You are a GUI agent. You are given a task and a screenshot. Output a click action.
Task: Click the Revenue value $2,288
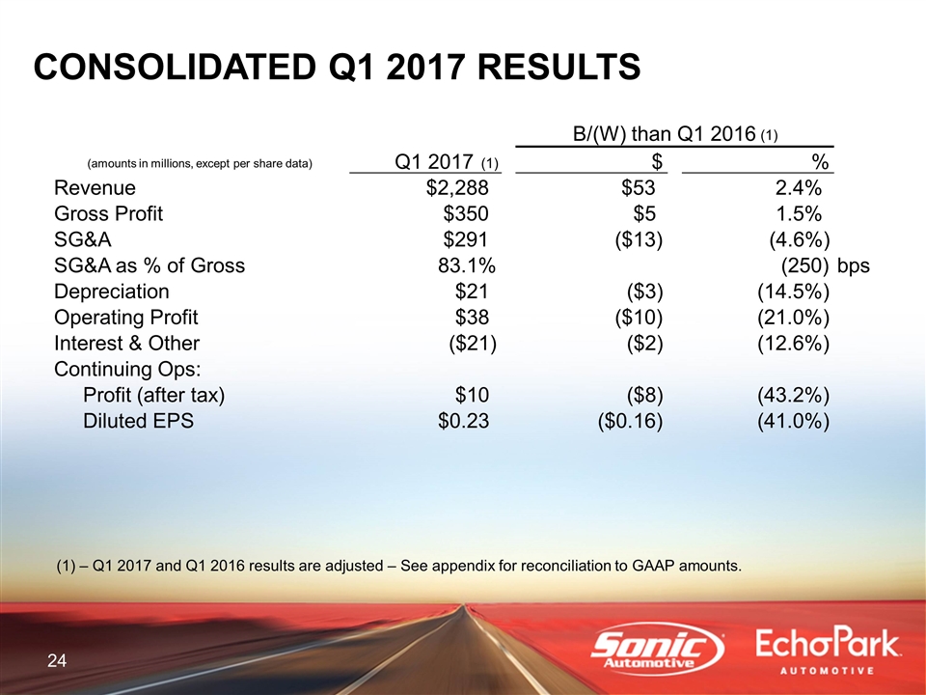(457, 188)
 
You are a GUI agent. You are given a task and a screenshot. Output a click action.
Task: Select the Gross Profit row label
(108, 213)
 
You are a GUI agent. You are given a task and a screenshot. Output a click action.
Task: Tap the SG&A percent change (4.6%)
(799, 239)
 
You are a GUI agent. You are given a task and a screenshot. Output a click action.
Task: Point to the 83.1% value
(467, 265)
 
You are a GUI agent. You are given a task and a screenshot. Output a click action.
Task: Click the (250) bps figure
(825, 266)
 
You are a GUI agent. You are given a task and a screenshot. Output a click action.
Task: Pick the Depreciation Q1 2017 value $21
(472, 292)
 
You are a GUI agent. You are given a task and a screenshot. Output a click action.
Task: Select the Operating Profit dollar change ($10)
(639, 318)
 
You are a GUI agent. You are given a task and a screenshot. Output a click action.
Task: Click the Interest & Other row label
(126, 343)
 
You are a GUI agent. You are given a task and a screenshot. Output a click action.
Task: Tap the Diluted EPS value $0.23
(463, 421)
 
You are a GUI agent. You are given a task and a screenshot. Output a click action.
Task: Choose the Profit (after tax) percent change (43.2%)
(793, 395)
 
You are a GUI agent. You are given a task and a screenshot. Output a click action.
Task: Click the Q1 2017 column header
(447, 161)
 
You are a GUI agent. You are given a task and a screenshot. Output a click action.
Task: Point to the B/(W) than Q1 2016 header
(675, 134)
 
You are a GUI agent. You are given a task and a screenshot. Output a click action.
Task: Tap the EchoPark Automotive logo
(828, 652)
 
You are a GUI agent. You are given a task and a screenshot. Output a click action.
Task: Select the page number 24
(57, 660)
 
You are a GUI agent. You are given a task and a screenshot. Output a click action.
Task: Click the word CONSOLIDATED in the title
(175, 67)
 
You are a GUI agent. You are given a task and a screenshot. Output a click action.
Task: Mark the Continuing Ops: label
(127, 369)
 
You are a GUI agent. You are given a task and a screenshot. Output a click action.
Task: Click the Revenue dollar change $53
(638, 188)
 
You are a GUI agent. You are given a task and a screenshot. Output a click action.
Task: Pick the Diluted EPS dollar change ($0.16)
(630, 421)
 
